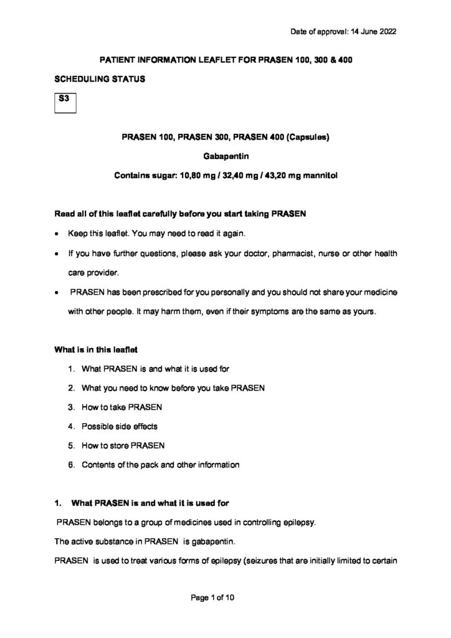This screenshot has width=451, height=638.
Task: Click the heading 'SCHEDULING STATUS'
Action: (x=100, y=80)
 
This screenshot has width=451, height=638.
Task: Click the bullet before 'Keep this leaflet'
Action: (x=57, y=236)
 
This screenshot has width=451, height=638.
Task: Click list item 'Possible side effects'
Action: (x=120, y=426)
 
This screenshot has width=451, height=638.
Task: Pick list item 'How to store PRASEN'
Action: (x=123, y=445)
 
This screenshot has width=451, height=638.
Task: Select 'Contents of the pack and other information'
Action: (x=160, y=464)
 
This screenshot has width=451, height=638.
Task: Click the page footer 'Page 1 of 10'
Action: (x=212, y=598)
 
